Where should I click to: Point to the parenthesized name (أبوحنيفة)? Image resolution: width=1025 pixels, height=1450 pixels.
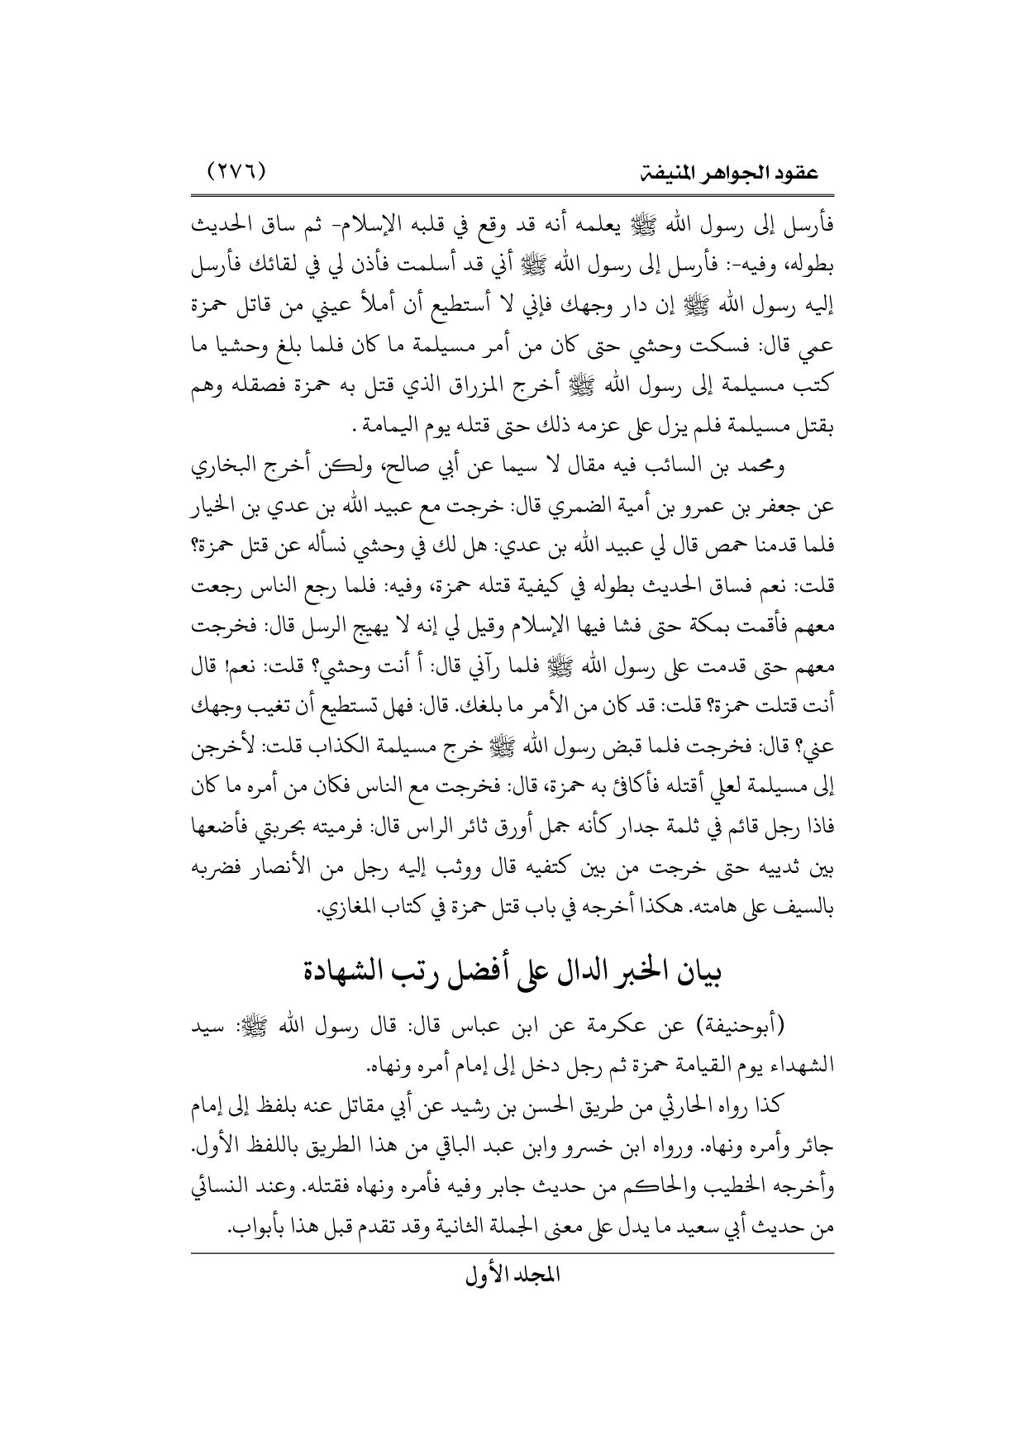[749, 1027]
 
